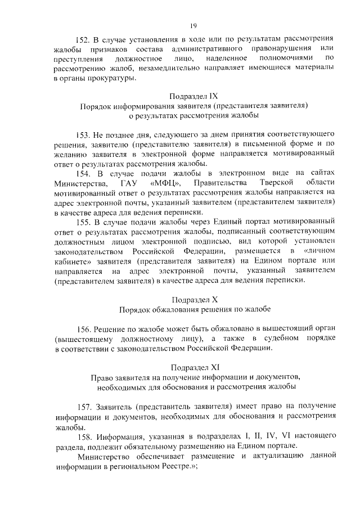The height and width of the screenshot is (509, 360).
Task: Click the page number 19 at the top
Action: tap(192, 25)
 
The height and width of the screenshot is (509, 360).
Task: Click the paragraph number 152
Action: tap(82, 40)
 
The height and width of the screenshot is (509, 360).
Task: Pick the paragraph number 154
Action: tap(82, 173)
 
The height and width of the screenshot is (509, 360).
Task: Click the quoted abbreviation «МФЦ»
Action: tap(165, 183)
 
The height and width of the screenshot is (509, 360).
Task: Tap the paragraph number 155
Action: tap(82, 222)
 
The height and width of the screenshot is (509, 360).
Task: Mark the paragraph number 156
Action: tap(82, 328)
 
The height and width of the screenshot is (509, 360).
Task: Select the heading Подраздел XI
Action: tap(193, 367)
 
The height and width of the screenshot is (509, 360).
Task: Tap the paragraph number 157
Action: tap(82, 406)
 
